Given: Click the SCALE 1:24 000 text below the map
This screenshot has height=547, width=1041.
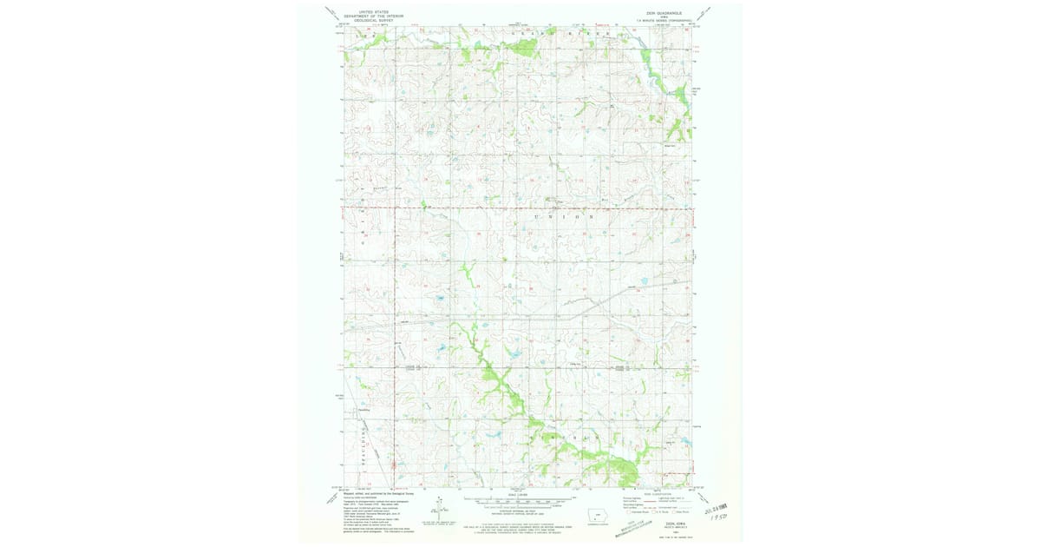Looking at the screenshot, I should point(519,496).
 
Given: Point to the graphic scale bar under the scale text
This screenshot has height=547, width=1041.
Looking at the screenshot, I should point(519,502).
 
